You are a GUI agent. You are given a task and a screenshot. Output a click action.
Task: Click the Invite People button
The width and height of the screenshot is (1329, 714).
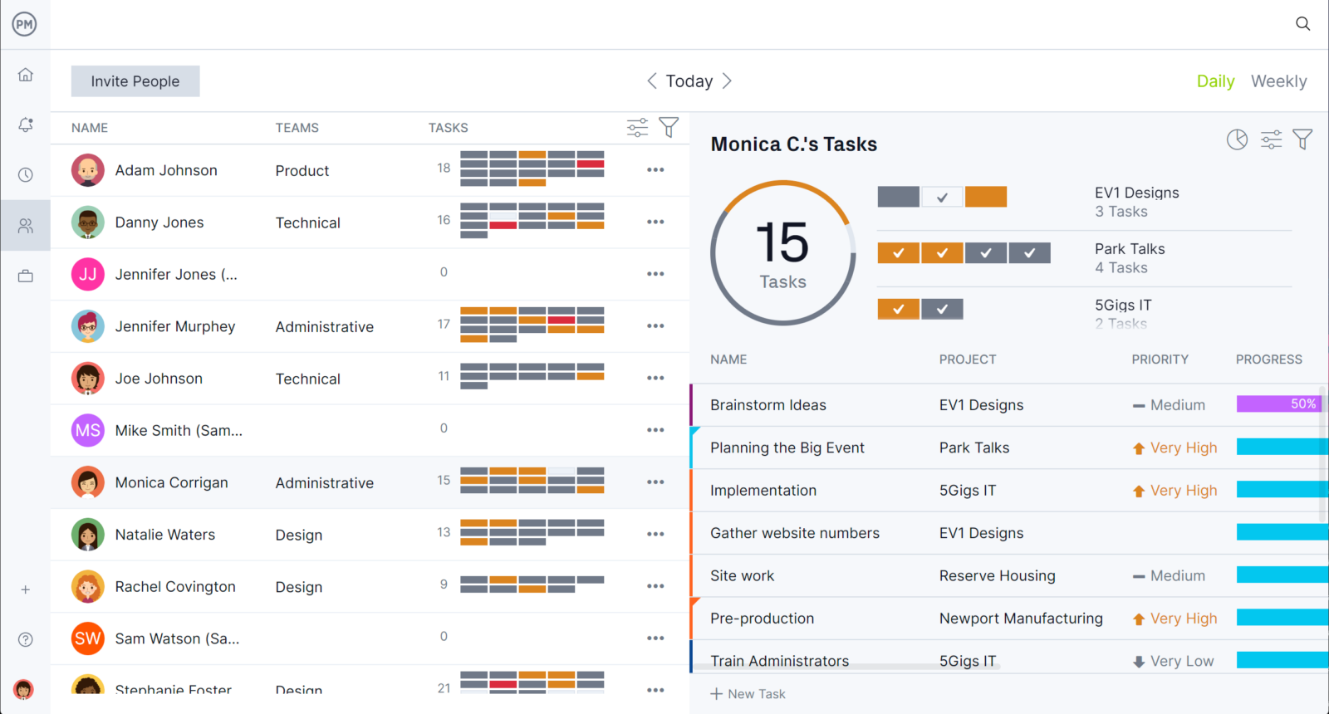135,81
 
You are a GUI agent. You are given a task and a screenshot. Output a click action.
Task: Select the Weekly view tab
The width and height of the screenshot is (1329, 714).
1278,81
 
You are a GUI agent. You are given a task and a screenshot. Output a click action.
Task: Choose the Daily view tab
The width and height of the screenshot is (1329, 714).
1215,81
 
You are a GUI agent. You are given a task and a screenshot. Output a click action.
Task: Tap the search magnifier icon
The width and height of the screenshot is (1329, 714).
1302,24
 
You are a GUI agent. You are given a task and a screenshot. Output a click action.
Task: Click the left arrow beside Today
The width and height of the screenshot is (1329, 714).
652,81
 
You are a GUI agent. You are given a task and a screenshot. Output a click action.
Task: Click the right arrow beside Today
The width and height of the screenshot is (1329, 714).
727,81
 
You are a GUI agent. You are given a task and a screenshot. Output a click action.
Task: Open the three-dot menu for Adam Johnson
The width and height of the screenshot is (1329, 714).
655,170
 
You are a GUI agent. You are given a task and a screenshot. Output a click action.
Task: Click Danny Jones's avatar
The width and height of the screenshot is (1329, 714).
88,223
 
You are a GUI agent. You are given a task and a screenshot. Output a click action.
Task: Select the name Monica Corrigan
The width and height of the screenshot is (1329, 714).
171,482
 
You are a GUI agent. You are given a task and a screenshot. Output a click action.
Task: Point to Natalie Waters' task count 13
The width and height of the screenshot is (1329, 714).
444,532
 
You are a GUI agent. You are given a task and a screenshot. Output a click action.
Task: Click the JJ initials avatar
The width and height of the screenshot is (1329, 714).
88,274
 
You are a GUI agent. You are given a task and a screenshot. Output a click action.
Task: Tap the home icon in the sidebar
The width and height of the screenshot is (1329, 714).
26,75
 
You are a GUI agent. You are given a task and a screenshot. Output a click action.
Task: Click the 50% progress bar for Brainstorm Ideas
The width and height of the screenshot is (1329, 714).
1278,404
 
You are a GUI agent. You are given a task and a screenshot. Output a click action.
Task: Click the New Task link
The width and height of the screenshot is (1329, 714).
748,694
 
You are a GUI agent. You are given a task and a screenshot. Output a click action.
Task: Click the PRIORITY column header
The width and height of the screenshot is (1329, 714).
1160,359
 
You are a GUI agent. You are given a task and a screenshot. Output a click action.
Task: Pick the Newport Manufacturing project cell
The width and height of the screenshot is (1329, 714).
1021,619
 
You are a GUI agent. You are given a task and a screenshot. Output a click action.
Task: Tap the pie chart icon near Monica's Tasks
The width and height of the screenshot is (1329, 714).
1237,139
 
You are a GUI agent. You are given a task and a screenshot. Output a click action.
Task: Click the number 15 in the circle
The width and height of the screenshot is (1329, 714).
782,242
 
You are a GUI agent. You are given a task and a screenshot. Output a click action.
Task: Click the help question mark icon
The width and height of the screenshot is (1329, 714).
26,639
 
